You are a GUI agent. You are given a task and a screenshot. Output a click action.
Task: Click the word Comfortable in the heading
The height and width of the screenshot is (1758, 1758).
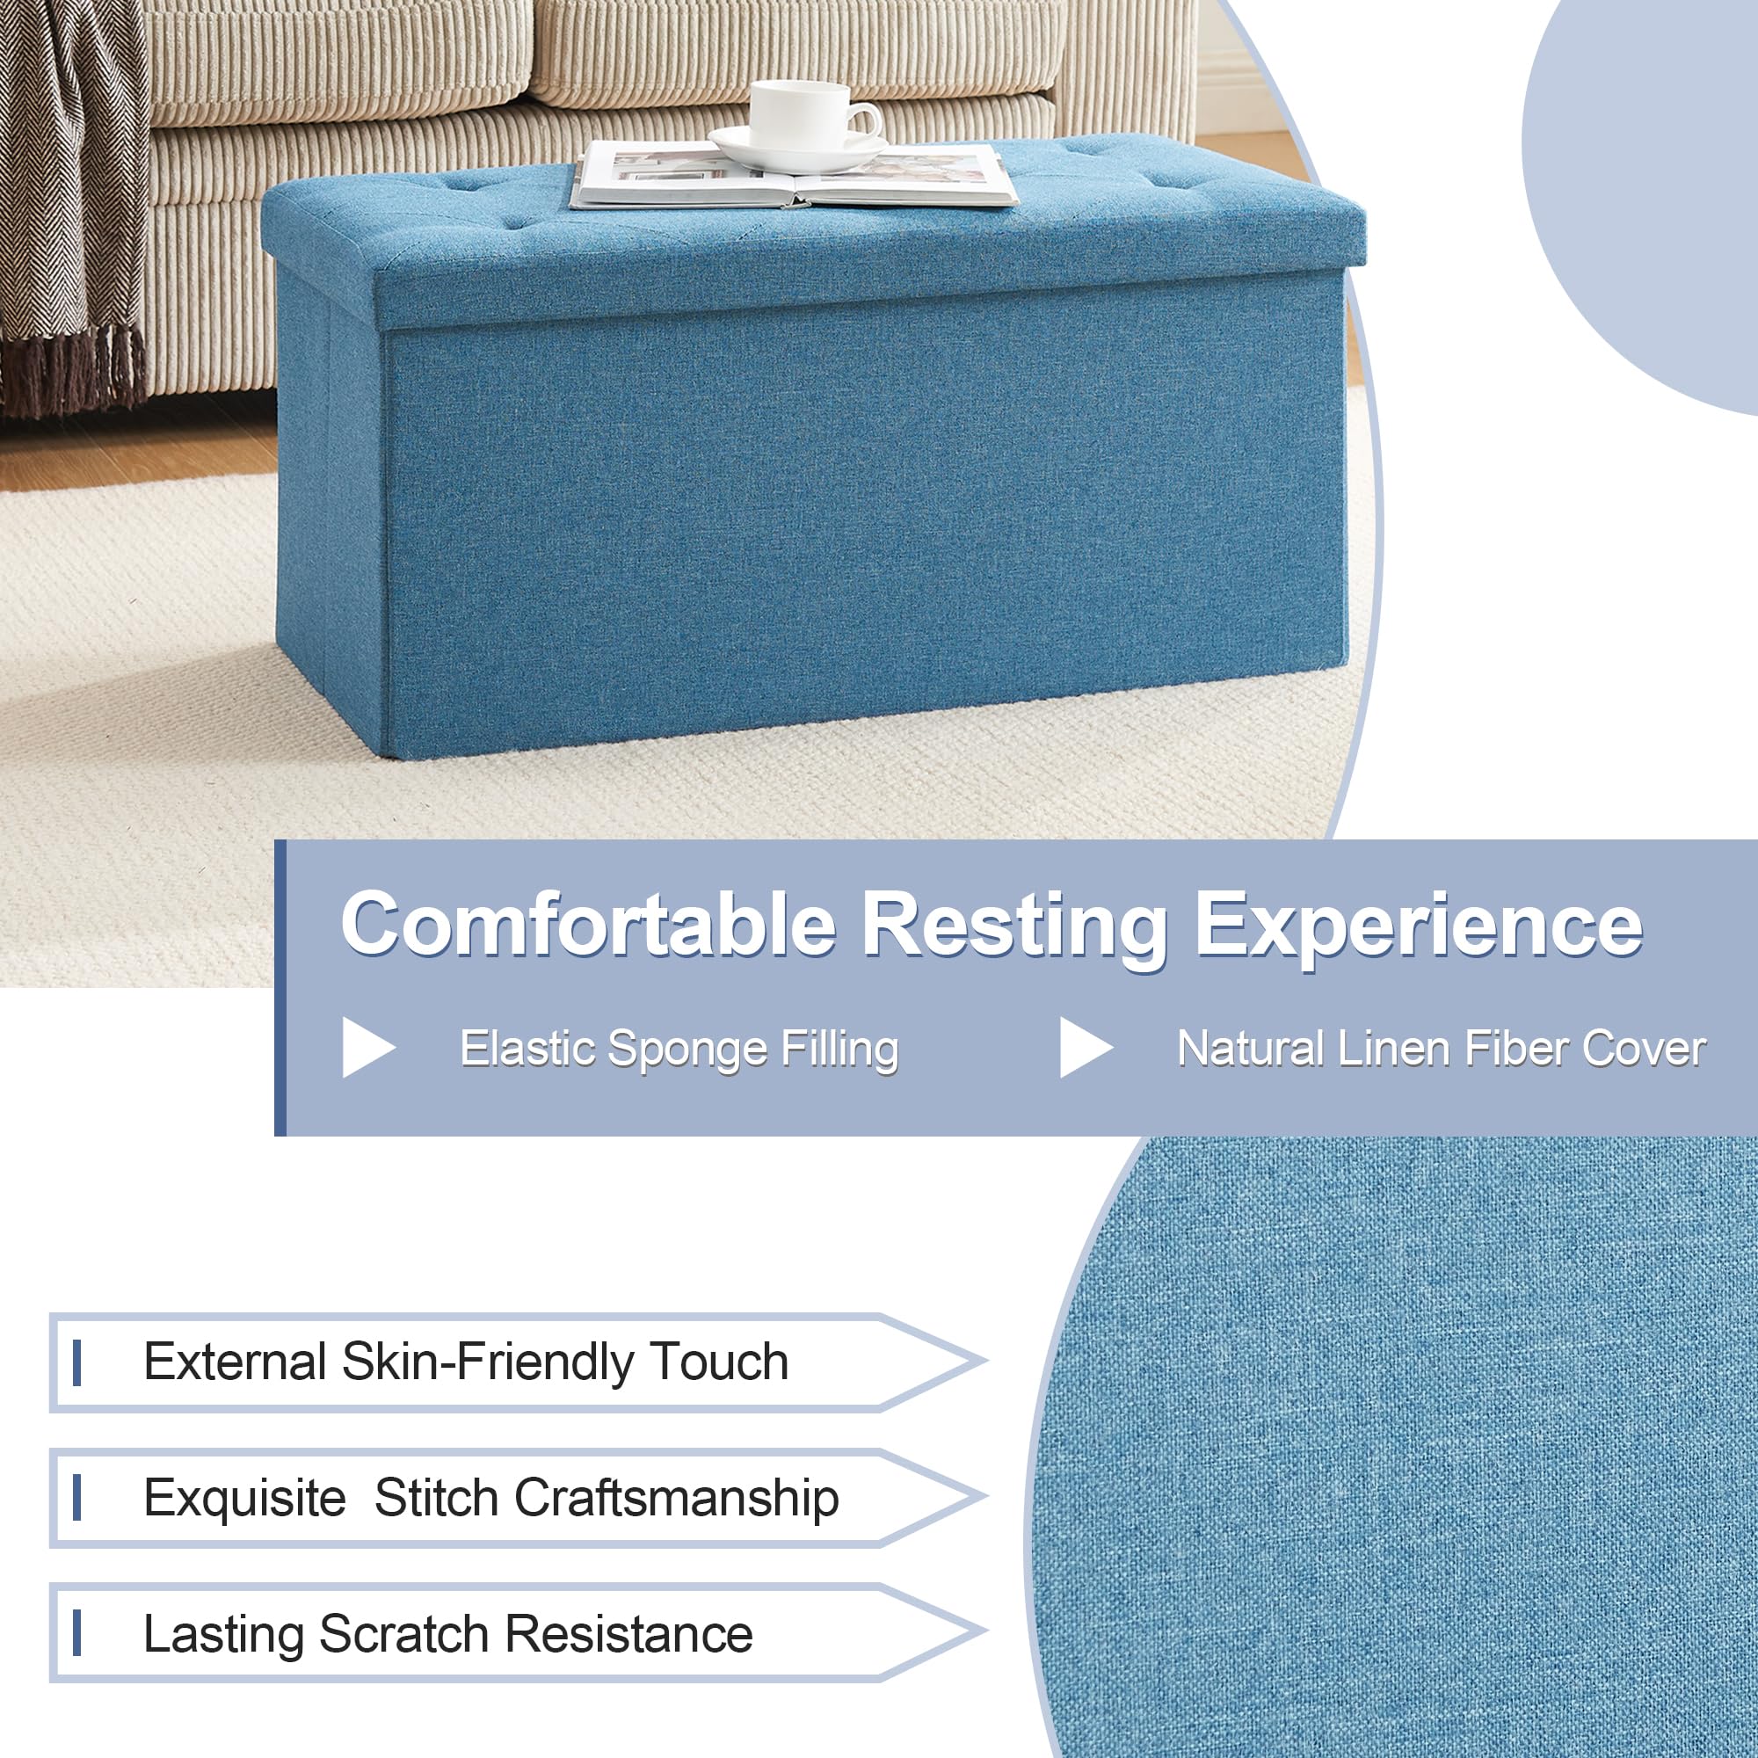click(x=589, y=925)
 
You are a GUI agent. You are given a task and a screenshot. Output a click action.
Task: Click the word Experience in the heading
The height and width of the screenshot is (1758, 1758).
click(x=1419, y=928)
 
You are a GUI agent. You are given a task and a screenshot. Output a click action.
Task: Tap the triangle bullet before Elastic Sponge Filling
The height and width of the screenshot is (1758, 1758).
click(x=368, y=1049)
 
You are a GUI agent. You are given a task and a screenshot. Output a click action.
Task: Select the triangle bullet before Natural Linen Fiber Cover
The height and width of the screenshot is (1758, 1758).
click(x=1086, y=1049)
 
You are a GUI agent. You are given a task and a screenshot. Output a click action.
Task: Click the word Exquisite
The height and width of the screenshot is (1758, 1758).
click(x=244, y=1499)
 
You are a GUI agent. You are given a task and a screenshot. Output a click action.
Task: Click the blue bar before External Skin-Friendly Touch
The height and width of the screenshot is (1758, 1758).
click(x=77, y=1362)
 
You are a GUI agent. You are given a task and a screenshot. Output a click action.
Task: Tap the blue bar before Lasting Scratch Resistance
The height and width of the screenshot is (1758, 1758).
click(x=77, y=1633)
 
